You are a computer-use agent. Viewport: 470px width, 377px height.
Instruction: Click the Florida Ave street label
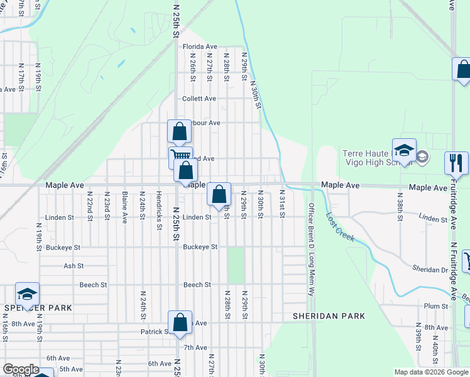pos(200,46)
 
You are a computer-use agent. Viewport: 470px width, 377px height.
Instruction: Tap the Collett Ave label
pos(199,99)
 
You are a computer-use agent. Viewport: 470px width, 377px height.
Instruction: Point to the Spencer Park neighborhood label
pos(38,308)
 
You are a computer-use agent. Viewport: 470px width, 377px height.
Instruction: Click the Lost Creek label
pos(341,227)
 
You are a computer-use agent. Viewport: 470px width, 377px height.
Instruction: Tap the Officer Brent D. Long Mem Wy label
pos(310,249)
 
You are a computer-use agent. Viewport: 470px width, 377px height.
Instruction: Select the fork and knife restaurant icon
pos(456,163)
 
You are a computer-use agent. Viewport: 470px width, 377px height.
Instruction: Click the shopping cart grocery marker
pos(180,156)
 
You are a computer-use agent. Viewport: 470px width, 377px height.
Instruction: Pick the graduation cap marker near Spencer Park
pos(27,293)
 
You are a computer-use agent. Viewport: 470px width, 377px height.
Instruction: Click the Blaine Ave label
pos(125,208)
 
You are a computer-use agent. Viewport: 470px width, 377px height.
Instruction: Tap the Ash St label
pos(74,266)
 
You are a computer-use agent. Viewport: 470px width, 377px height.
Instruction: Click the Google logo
pos(21,370)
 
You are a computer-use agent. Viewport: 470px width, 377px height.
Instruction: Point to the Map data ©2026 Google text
pos(431,372)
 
